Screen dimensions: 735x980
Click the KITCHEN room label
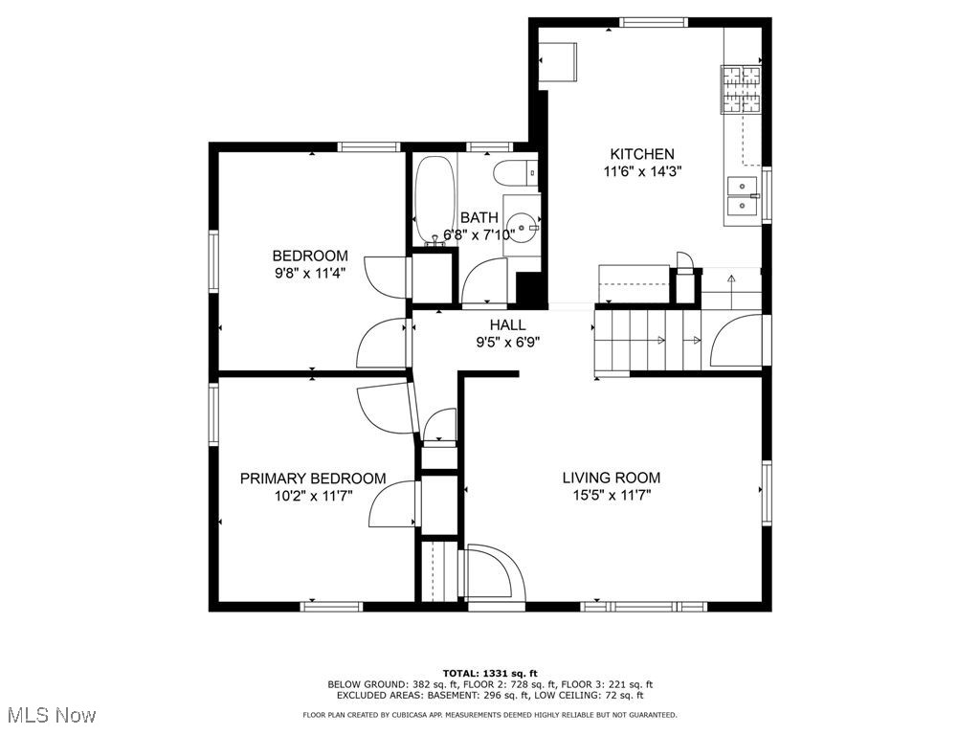[x=642, y=154]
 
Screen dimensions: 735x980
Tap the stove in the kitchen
[x=741, y=88]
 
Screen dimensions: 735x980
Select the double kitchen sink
[x=742, y=195]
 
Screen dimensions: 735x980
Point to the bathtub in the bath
[x=435, y=198]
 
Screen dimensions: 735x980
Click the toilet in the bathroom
[x=512, y=173]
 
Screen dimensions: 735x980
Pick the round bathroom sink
[x=523, y=228]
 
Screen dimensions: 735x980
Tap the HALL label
[x=507, y=325]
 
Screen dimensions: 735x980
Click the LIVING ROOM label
[x=611, y=478]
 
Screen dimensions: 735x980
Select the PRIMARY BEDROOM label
[x=313, y=479]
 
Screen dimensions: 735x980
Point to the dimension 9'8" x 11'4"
[x=309, y=273]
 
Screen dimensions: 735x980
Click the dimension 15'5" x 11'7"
[x=611, y=496]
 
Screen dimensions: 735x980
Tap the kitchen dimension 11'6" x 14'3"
[x=642, y=172]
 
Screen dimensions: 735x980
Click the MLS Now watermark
[x=51, y=715]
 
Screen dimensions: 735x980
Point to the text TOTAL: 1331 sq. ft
[x=489, y=672]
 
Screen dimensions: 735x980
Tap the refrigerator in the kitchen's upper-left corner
[x=559, y=62]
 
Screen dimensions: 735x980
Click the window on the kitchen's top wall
[x=653, y=22]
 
